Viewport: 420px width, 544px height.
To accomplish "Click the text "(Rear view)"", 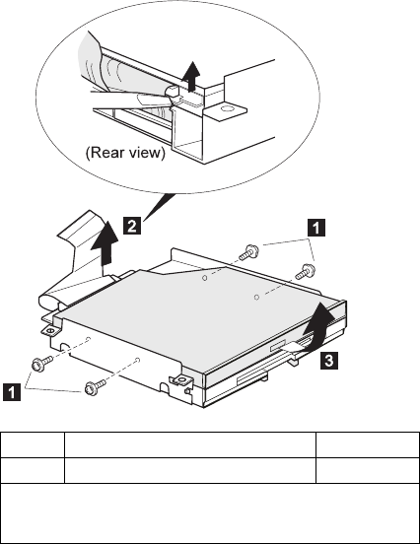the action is tap(125, 153).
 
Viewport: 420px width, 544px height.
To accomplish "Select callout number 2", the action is tap(132, 226).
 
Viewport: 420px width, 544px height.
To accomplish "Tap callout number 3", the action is tap(328, 360).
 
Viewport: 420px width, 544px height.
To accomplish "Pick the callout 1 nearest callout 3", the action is tap(316, 228).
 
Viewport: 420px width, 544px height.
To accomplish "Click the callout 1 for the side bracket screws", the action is tap(12, 392).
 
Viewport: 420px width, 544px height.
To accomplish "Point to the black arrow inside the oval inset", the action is tap(191, 76).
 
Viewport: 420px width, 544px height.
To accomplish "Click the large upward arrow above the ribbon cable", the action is tap(105, 242).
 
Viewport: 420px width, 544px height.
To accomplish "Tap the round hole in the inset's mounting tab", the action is tap(228, 108).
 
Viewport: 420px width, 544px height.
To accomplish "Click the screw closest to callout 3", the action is tap(305, 271).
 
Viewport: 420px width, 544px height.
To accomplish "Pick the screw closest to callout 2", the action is tap(247, 252).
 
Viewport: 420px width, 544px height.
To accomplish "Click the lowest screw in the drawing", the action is tap(94, 388).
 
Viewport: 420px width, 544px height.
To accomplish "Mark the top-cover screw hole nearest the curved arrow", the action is tap(256, 297).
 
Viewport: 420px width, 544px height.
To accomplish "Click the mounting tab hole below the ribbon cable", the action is tap(49, 330).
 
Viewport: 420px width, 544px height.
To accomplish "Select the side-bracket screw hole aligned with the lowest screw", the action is tap(138, 360).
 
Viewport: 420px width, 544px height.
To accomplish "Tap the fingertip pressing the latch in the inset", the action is tap(148, 100).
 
